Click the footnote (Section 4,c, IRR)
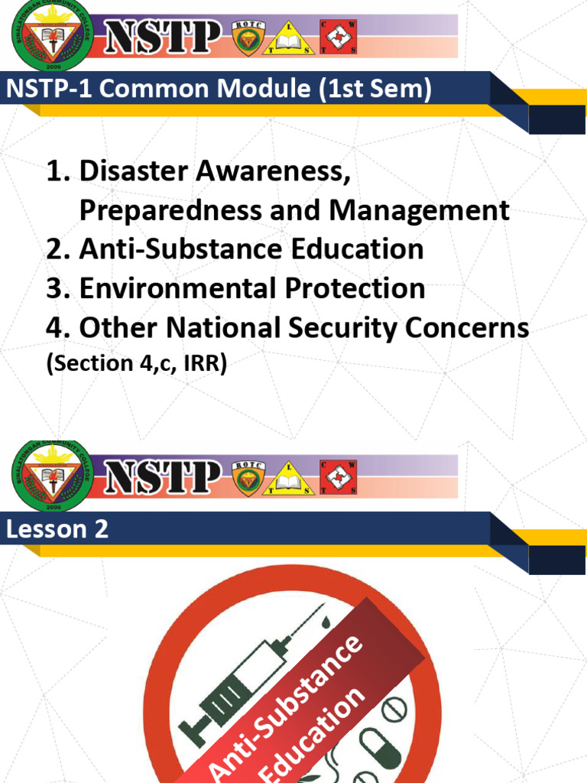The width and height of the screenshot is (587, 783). [137, 364]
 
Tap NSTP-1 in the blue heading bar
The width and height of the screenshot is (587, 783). [50, 89]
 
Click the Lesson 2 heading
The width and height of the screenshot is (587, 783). [57, 529]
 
